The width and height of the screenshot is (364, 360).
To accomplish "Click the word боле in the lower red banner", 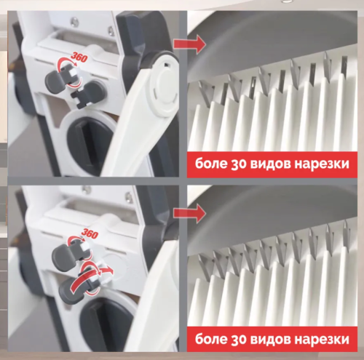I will tap(213, 339).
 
